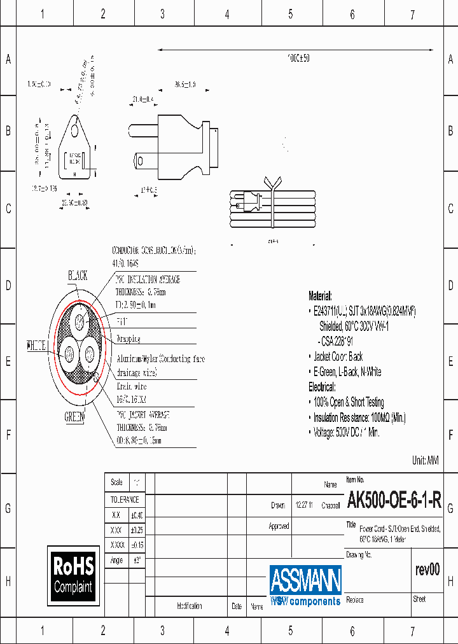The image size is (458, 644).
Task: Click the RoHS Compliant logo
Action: (73, 575)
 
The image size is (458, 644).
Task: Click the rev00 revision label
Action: (427, 570)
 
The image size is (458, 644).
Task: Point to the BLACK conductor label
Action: (78, 276)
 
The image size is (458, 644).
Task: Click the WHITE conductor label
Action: (36, 347)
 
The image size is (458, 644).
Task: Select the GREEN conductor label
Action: (74, 417)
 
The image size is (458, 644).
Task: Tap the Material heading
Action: (320, 296)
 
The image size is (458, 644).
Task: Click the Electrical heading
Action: (323, 387)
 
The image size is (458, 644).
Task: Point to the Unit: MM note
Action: (426, 460)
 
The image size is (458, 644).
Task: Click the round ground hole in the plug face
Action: (76, 130)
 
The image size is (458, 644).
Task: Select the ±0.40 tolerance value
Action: (136, 515)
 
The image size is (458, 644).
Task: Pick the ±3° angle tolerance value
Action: (136, 560)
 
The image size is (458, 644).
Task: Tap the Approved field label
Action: (279, 526)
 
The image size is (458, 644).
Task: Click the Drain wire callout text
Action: (132, 386)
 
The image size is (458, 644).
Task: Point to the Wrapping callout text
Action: (129, 339)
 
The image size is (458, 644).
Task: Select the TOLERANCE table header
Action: (125, 500)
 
